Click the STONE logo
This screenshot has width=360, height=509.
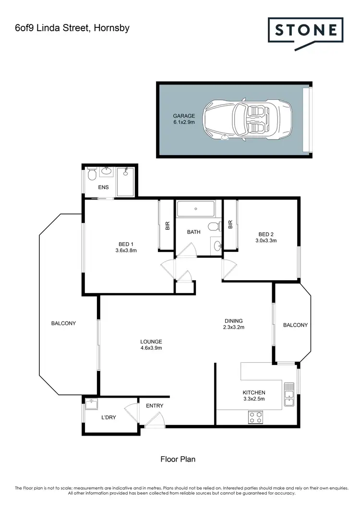(305, 31)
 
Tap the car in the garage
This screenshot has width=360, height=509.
(247, 119)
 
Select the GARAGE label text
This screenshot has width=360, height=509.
(184, 116)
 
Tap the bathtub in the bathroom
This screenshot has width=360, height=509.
(196, 210)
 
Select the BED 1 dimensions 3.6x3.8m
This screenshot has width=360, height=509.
(126, 250)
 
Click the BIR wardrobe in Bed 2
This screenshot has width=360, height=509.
(230, 225)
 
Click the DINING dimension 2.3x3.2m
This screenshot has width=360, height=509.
(234, 328)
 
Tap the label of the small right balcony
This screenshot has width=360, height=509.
(295, 325)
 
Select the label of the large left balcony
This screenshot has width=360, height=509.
(63, 323)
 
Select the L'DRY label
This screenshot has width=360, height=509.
(108, 417)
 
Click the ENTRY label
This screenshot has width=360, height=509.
(155, 406)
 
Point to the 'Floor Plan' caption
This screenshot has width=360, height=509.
(178, 459)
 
